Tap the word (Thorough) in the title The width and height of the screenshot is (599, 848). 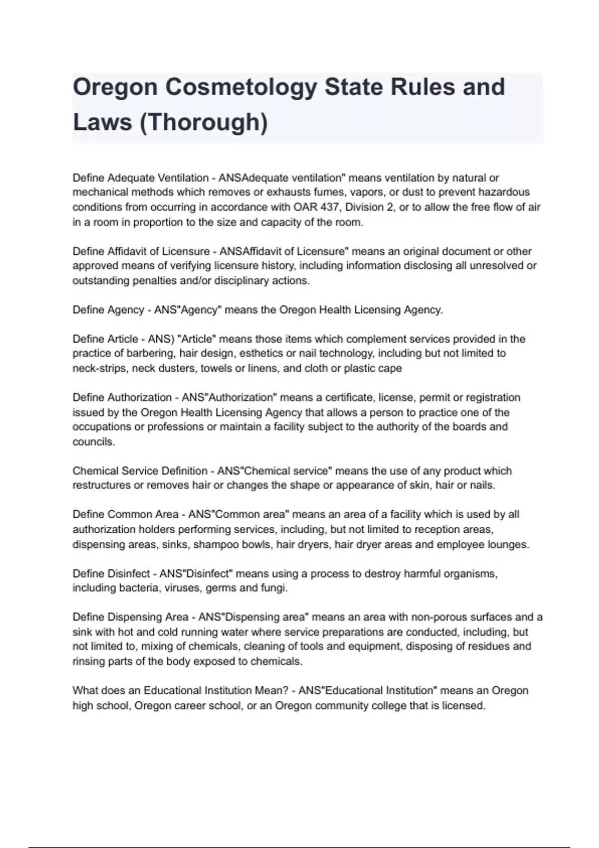pyautogui.click(x=204, y=122)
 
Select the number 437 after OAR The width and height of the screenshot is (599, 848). pyautogui.click(x=329, y=207)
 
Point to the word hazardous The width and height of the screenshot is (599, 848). pyautogui.click(x=504, y=192)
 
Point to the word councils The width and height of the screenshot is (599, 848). pyautogui.click(x=93, y=441)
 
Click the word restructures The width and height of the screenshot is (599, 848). pyautogui.click(x=101, y=485)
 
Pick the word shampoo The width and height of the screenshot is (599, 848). pyautogui.click(x=216, y=544)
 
